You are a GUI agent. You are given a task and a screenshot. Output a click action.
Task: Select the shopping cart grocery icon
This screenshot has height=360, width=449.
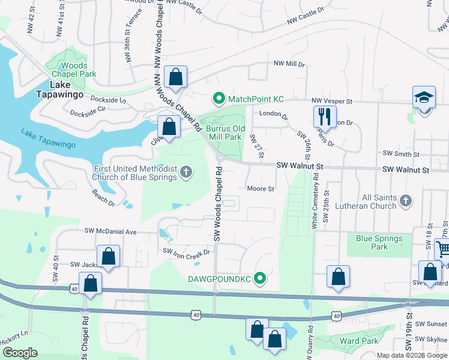tap(443, 248)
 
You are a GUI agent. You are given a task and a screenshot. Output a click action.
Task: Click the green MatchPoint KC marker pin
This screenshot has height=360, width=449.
tap(219, 98)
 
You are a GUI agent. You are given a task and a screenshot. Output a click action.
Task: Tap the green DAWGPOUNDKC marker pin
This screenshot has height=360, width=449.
tap(260, 278)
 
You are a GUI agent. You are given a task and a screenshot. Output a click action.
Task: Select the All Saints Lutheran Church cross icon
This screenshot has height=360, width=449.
tap(406, 200)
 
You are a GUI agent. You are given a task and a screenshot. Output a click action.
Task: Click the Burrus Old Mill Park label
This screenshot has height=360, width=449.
tap(226, 133)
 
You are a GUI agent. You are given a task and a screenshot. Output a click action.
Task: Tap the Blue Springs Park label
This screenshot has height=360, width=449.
tap(379, 242)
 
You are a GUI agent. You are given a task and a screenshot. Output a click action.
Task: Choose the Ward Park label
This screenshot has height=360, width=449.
tap(359, 341)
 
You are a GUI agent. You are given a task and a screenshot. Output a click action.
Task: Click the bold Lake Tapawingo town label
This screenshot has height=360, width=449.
tap(56, 89)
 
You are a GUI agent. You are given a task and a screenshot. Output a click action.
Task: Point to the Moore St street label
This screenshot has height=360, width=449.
tap(261, 188)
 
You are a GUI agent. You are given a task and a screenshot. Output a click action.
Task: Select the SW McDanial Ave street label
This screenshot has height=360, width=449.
tap(111, 231)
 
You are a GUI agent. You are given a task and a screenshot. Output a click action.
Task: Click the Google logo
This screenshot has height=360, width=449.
tap(19, 353)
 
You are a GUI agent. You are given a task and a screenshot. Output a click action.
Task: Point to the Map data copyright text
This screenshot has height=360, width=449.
tap(412, 355)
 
